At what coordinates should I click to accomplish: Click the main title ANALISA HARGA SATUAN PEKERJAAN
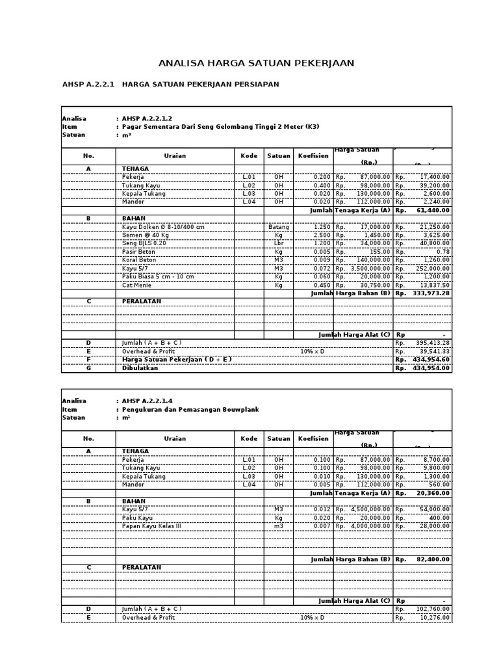click(257, 63)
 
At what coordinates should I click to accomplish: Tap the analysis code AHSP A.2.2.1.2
click(147, 118)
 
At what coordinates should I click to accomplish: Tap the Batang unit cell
click(279, 226)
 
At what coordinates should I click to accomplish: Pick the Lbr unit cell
click(279, 243)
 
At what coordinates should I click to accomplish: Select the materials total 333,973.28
click(431, 293)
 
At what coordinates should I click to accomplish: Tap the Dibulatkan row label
click(140, 368)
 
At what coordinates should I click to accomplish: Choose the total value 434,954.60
click(431, 360)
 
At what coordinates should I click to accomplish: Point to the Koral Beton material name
click(140, 260)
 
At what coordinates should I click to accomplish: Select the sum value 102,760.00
click(433, 609)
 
